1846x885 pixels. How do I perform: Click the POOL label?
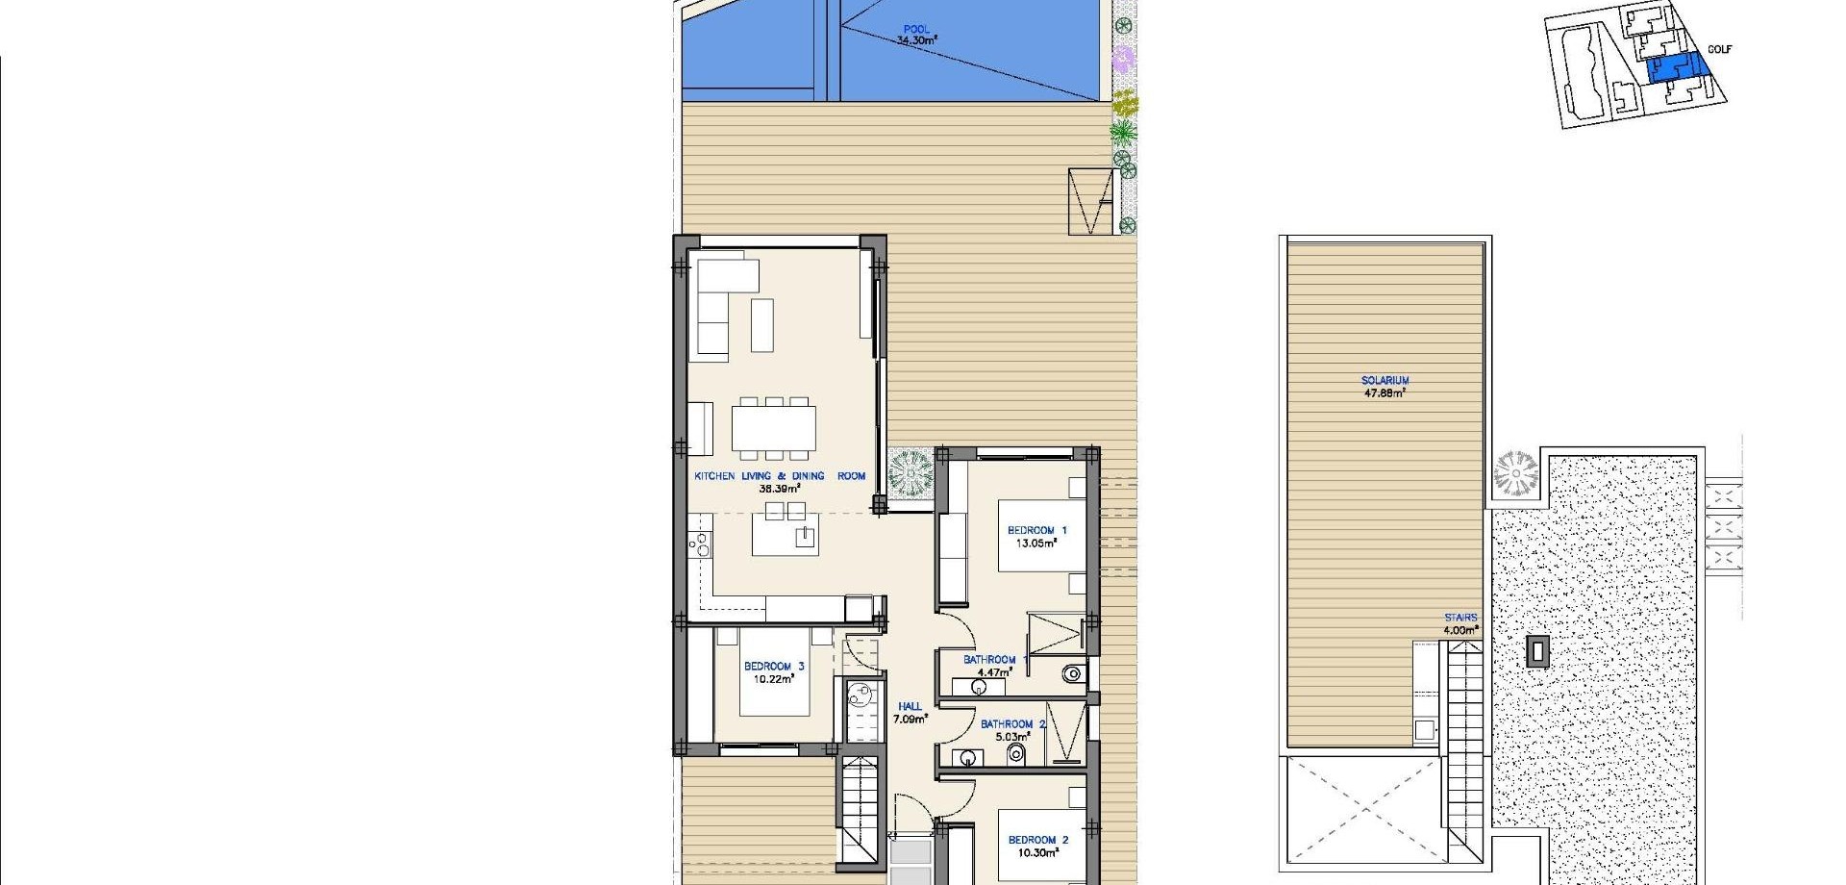click(916, 29)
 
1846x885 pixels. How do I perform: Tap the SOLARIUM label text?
click(1385, 381)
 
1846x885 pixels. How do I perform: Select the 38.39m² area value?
click(780, 489)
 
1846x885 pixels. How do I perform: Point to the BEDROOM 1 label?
click(1036, 530)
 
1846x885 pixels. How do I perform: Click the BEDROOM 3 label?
click(774, 666)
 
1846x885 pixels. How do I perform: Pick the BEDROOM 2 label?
click(1038, 840)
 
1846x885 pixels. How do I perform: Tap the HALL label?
click(910, 706)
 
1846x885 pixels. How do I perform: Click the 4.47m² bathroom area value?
click(994, 672)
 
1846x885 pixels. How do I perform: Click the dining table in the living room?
click(774, 428)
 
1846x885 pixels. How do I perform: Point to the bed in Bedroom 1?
click(1042, 536)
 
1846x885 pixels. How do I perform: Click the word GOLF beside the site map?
click(1719, 49)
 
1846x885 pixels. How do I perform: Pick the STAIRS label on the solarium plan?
click(1460, 618)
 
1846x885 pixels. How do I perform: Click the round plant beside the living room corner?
click(910, 473)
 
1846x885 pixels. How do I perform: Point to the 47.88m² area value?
click(1385, 393)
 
